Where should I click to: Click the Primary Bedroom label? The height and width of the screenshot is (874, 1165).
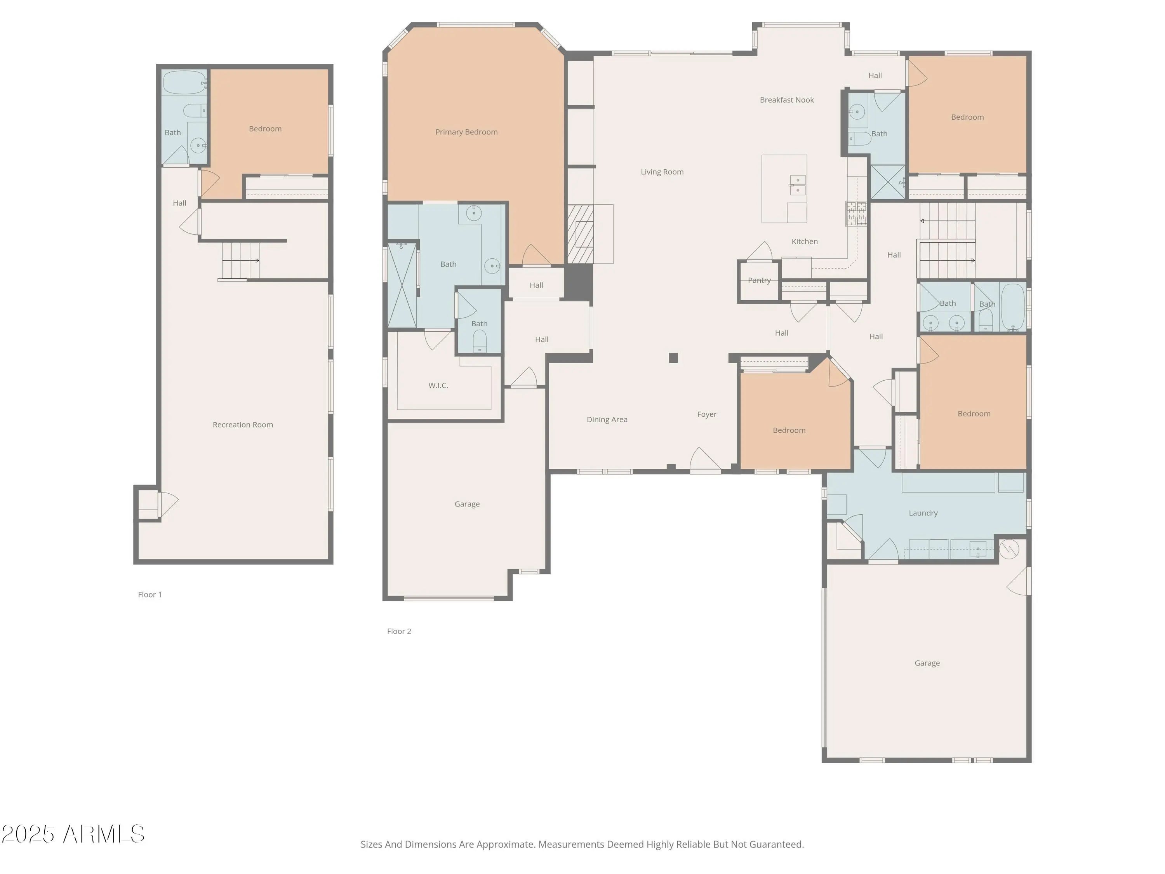[x=466, y=132]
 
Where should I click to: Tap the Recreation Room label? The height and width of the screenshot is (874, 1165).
[x=243, y=425]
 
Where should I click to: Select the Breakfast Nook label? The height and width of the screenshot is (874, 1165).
[x=787, y=100]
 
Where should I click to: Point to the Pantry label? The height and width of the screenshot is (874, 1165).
[x=759, y=280]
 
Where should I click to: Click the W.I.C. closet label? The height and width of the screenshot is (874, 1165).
[x=438, y=386]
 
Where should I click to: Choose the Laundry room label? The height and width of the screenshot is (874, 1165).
[x=923, y=513]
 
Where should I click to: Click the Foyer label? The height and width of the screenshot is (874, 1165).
[x=707, y=414]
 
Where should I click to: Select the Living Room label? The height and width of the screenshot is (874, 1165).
[x=662, y=172]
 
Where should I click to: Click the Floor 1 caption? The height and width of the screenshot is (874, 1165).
[x=150, y=595]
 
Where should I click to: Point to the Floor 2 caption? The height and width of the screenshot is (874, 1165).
[x=399, y=631]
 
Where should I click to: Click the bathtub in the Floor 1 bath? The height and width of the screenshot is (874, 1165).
[x=184, y=83]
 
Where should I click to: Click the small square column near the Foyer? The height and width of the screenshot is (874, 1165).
[x=673, y=358]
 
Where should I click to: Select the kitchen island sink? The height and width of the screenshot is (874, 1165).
[x=797, y=185]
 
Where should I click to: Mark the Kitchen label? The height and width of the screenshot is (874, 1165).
[x=804, y=242]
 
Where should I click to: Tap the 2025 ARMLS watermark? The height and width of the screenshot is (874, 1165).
[x=73, y=834]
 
